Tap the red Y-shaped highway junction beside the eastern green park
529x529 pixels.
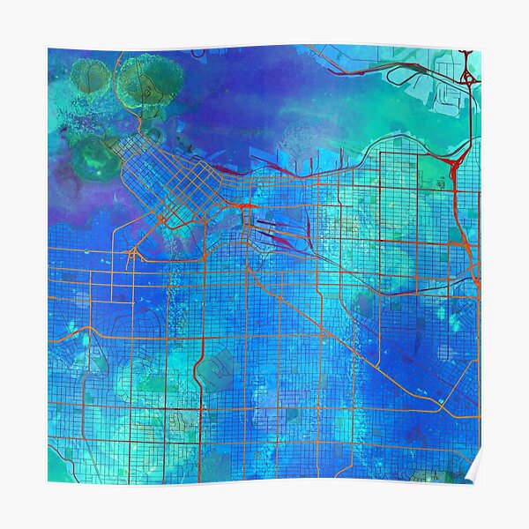pos(457,164)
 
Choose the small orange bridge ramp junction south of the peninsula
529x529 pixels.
pos(132,255)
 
